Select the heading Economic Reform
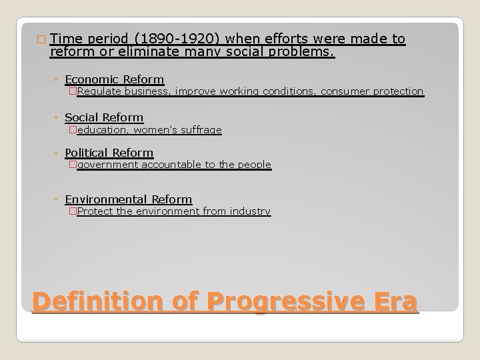114,80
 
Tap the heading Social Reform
104,118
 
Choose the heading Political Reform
109,153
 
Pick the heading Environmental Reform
128,199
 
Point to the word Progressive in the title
279,301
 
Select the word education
100,130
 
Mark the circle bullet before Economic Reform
57,81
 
